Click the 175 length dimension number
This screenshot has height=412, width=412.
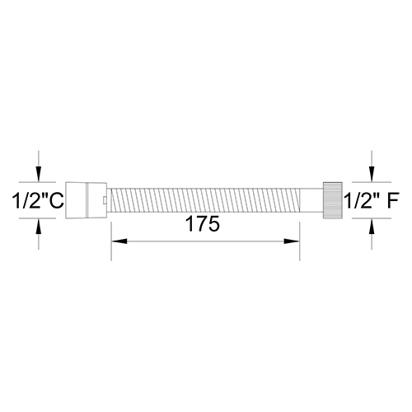pos(203,224)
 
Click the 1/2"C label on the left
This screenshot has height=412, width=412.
pos(38,200)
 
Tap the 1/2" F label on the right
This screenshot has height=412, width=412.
pos(372,200)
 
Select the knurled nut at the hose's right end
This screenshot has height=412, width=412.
pos(333,200)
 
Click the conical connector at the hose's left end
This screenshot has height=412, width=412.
pos(86,200)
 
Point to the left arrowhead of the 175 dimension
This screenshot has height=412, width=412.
pos(119,241)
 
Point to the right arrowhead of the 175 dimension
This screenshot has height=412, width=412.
pos(292,241)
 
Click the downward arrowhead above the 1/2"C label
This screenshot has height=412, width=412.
pos(39,174)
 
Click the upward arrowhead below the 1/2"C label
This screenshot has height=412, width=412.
pos(39,227)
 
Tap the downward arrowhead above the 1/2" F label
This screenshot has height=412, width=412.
pos(372,174)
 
